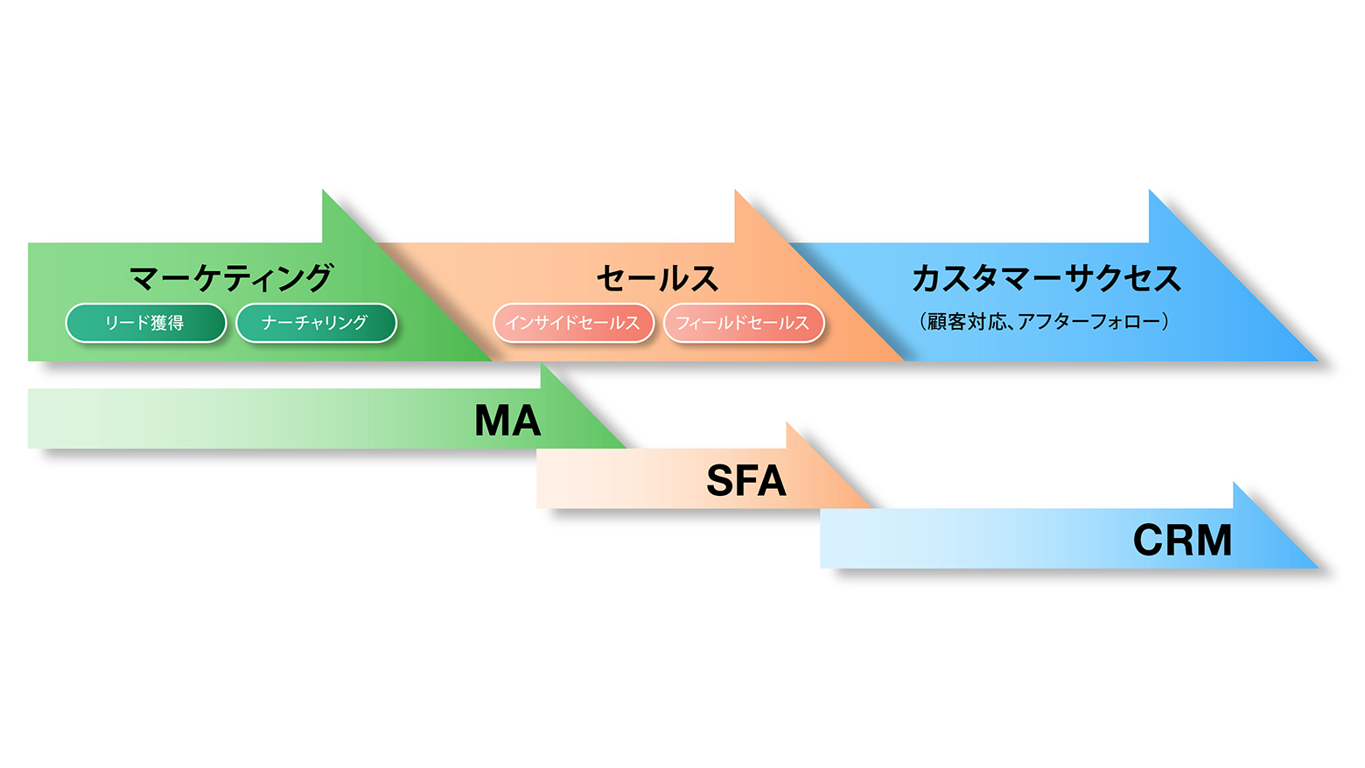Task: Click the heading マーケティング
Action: point(231,278)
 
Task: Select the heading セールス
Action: point(657,278)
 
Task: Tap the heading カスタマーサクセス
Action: point(1046,278)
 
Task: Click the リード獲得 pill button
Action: point(145,323)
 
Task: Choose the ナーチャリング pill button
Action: point(316,323)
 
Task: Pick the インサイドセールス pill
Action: point(573,323)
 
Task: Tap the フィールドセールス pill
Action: point(744,323)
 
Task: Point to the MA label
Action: point(507,421)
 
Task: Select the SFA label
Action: point(745,481)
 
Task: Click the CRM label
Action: point(1182,541)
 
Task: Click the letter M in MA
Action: point(493,421)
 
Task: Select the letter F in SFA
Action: point(746,481)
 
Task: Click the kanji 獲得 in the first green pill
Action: point(167,323)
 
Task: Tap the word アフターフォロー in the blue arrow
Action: point(1088,322)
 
